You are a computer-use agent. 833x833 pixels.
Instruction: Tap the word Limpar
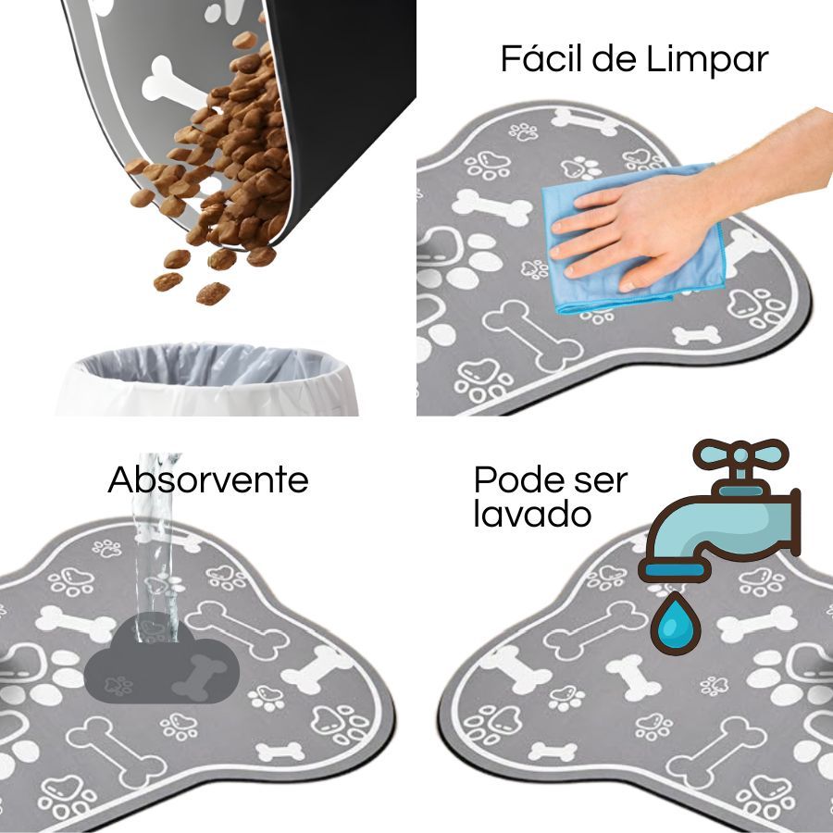[708, 59]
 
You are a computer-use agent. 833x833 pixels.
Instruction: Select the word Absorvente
[208, 479]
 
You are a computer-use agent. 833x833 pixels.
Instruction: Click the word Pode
[513, 479]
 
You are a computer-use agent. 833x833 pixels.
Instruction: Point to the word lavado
[532, 514]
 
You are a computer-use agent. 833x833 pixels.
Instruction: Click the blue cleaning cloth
[632, 239]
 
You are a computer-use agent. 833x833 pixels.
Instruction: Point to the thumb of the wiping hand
[645, 279]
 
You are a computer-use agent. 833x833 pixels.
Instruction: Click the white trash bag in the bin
[207, 379]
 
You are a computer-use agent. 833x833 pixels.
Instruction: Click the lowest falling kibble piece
[213, 293]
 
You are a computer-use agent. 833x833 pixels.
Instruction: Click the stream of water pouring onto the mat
[155, 547]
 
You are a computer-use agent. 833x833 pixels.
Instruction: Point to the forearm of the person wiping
[770, 159]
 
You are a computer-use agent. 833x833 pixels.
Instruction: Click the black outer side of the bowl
[340, 95]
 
